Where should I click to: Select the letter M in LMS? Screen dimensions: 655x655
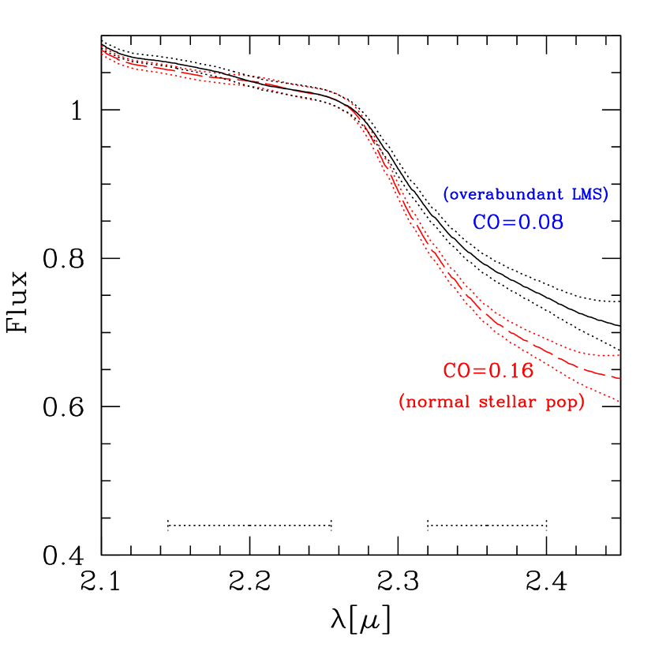[x=587, y=195]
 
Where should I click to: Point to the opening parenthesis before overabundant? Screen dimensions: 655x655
[x=446, y=195]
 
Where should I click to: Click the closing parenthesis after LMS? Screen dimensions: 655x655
[x=605, y=195]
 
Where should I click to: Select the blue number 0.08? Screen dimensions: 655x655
[x=540, y=223]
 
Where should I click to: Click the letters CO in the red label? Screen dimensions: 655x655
[x=455, y=371]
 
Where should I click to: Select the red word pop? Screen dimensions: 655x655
[x=562, y=403]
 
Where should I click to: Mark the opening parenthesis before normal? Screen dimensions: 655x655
[x=402, y=402]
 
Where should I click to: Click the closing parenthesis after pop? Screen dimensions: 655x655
[x=582, y=402]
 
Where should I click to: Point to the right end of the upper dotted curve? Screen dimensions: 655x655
[x=619, y=356]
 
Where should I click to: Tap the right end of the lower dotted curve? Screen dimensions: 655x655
[x=619, y=402]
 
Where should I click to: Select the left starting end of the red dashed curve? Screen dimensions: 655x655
[x=103, y=51]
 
